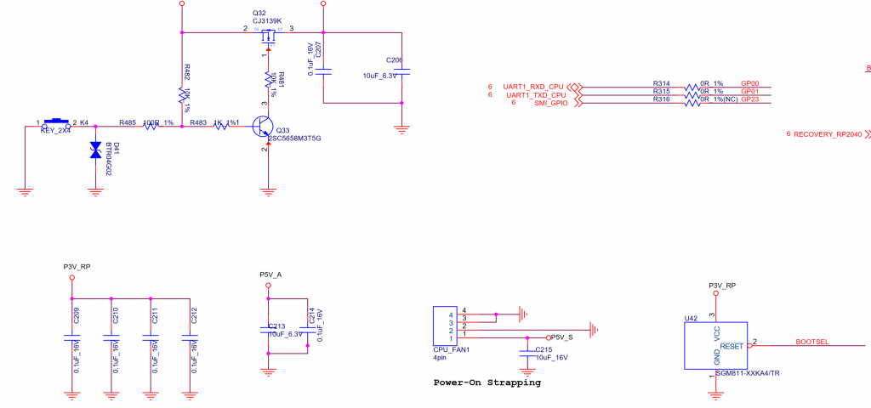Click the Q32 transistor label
click(x=259, y=14)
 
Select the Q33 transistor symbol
click(x=264, y=128)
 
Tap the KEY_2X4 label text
click(x=55, y=131)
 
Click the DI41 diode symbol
click(x=95, y=150)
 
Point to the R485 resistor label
click(x=128, y=122)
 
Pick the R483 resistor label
click(x=198, y=122)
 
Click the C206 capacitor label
click(x=394, y=60)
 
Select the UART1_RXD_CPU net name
click(x=534, y=87)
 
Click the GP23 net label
click(x=749, y=99)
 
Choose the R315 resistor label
click(x=661, y=91)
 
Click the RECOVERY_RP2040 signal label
click(x=828, y=134)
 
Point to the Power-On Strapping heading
click(x=487, y=382)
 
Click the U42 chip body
click(x=715, y=345)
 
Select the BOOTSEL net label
click(x=812, y=342)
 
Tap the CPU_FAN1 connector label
click(x=452, y=349)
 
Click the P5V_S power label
click(x=564, y=337)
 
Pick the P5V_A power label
click(x=270, y=275)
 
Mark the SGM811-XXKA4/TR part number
click(x=749, y=374)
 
